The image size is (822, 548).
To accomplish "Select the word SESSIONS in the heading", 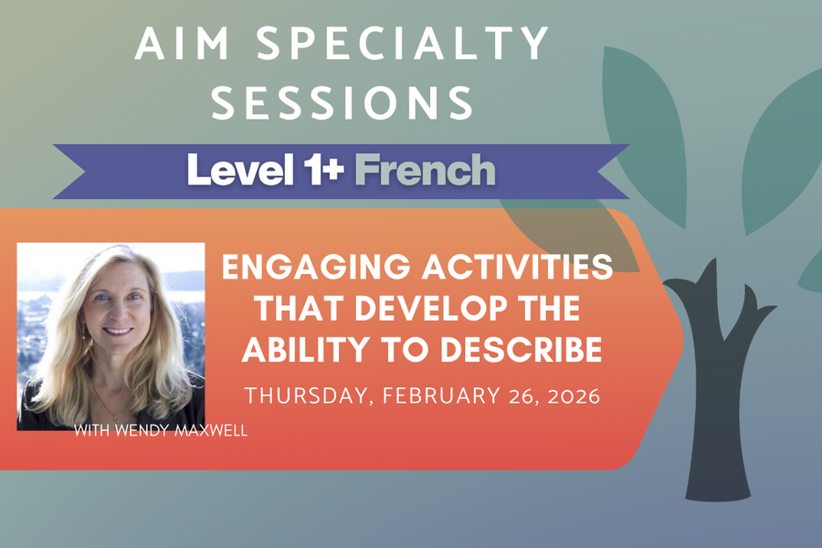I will click(342, 103).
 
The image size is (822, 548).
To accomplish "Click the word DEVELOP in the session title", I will click(422, 309).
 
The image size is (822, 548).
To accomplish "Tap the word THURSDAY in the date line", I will click(297, 397).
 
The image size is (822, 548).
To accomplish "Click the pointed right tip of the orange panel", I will click(681, 339).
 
